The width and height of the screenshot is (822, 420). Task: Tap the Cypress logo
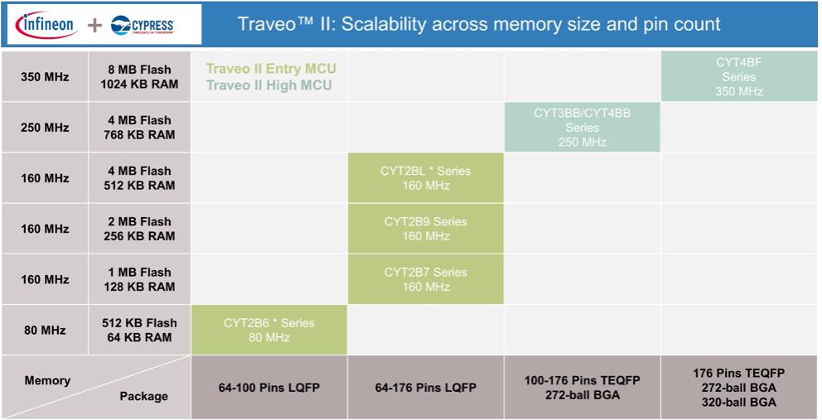(143, 25)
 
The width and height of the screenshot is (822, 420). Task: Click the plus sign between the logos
(94, 25)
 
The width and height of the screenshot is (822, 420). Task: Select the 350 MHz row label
(45, 77)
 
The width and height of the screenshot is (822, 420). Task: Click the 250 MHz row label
(45, 128)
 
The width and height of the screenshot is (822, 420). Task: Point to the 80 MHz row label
(45, 331)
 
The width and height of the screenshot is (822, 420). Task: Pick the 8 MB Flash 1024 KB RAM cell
(139, 77)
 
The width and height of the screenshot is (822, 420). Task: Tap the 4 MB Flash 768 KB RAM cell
(139, 128)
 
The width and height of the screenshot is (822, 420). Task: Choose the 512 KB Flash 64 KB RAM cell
(139, 331)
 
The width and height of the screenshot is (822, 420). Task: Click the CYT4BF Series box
(739, 76)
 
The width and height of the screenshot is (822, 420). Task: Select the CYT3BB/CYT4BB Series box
(583, 128)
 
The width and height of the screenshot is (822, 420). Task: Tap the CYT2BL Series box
(426, 178)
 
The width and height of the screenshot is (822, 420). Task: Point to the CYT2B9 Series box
(426, 229)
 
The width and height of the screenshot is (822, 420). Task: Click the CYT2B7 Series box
(426, 279)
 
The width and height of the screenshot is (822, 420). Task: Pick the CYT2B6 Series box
(269, 331)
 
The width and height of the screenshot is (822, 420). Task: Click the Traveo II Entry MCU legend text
(271, 69)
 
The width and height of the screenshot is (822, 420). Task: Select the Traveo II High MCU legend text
(269, 85)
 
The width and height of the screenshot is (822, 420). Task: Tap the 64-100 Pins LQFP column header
(269, 388)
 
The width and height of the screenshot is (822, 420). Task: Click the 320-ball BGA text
(739, 403)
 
